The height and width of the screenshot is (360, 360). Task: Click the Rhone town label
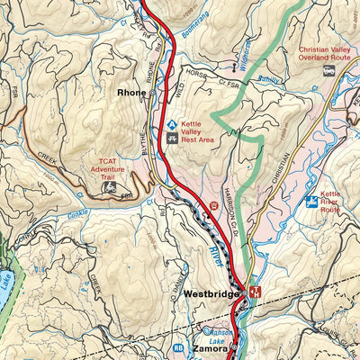click(131, 92)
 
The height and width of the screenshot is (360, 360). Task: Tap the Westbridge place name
click(210, 294)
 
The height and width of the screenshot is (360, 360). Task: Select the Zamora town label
click(208, 348)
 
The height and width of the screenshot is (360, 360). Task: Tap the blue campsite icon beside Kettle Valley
click(171, 123)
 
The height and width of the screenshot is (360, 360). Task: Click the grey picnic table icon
click(171, 139)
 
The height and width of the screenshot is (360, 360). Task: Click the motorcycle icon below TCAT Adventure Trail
click(110, 188)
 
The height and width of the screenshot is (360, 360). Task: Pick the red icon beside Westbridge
click(255, 293)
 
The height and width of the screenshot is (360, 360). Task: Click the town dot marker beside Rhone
click(154, 92)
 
